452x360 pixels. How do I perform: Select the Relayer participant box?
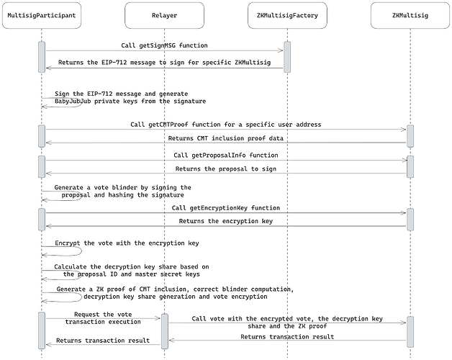click(164, 15)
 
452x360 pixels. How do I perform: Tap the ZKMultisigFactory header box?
click(287, 15)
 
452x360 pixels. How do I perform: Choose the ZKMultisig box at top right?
click(410, 15)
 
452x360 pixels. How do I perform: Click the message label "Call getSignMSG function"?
click(164, 45)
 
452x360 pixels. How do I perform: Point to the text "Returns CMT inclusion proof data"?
click(226, 138)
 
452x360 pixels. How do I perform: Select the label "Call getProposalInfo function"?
click(226, 155)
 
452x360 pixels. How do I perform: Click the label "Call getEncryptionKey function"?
click(226, 207)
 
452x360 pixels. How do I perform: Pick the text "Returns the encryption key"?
click(226, 220)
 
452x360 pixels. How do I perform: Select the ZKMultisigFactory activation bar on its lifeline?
click(287, 57)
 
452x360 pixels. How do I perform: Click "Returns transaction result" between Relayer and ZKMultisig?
click(286, 336)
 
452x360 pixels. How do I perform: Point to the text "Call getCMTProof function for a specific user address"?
click(226, 124)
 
